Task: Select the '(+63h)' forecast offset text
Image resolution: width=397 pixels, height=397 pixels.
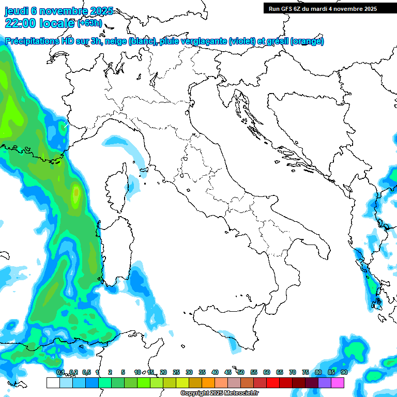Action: click(89, 23)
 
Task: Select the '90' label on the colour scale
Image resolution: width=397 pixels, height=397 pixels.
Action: click(344, 372)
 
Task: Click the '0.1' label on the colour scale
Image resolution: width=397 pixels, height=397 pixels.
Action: click(60, 372)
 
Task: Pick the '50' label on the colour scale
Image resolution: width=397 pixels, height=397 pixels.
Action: click(241, 372)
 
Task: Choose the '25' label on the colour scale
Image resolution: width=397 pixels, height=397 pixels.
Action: click(176, 372)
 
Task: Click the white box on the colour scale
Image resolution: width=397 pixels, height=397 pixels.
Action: click(53, 383)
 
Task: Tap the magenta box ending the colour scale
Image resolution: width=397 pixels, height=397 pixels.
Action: click(338, 383)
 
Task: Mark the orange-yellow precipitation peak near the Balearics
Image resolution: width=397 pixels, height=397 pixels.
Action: click(76, 193)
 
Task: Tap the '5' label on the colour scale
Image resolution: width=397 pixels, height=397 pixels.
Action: click(123, 372)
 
